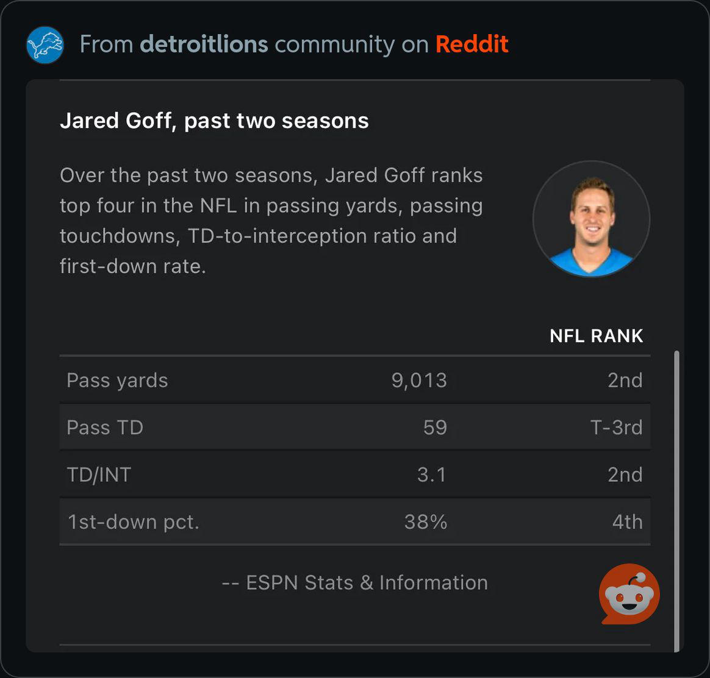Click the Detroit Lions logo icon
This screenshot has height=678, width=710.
coord(45,44)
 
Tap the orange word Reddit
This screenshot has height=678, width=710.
coord(472,44)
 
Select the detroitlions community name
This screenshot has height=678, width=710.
coord(204,44)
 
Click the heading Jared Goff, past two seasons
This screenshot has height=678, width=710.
coord(214,121)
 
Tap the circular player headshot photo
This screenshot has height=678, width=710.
coord(591,219)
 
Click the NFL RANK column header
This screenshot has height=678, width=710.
coord(596,336)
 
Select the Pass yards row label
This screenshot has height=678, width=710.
coord(117,381)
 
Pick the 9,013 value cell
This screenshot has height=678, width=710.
coord(419,381)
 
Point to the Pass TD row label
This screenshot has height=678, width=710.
coord(104,428)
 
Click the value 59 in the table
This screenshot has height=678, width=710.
coord(435,428)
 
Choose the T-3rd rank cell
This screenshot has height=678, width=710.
coord(616,428)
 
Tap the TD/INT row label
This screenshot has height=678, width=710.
coord(99,475)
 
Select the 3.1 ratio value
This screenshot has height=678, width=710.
coord(431,475)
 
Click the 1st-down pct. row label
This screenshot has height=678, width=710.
coord(133,523)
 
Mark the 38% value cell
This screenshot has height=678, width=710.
coord(426,523)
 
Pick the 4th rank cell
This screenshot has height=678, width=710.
coord(627,523)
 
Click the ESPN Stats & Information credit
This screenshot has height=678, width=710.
coord(354,583)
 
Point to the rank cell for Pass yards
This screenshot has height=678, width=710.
coord(625,381)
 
